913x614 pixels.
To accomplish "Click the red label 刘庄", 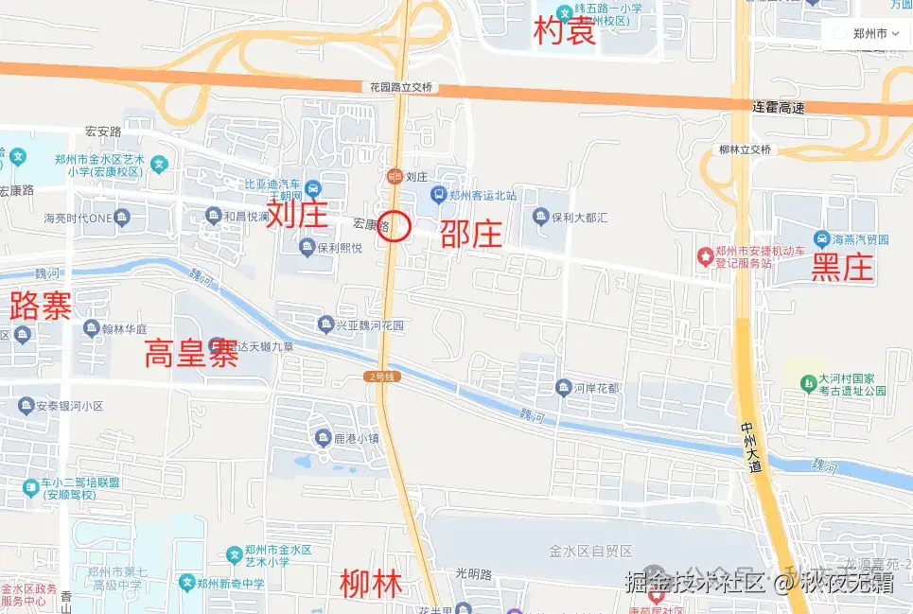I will point(296,214).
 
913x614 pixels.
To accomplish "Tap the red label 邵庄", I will point(470,233).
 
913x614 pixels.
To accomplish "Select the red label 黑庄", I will point(841,269).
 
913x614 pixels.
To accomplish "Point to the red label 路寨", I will point(40,306).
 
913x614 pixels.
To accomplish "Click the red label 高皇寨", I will point(190,354).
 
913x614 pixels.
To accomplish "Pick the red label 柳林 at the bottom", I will point(370,583).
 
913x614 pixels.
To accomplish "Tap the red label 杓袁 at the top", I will point(565,31).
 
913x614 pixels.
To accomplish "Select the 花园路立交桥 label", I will point(400,87).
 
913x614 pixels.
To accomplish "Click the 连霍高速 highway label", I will point(778,108).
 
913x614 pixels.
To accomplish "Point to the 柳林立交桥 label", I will point(745,149).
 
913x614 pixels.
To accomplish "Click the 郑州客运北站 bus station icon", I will point(438,195).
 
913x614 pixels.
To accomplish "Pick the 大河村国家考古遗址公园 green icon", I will point(807,383).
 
